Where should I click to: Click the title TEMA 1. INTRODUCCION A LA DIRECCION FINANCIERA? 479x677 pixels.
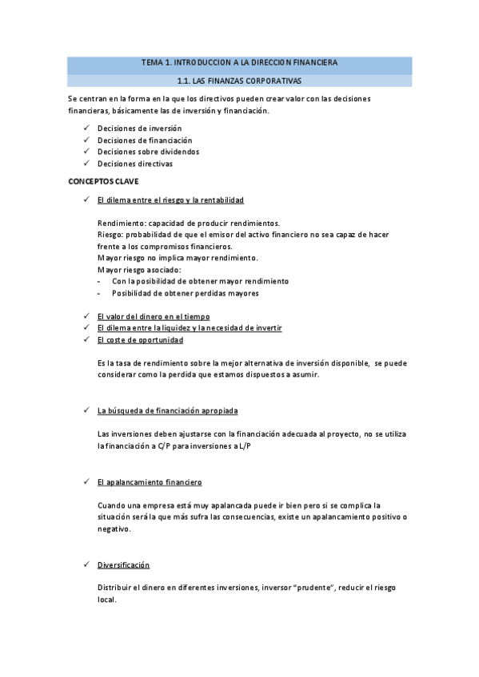pos(239,62)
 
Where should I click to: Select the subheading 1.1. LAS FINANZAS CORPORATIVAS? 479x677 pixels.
pos(239,81)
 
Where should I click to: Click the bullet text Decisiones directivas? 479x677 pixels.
pos(134,164)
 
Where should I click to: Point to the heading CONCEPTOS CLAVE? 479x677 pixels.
pos(103,182)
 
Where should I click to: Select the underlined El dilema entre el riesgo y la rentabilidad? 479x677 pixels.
pos(170,200)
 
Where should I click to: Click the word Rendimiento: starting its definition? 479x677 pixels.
pos(120,223)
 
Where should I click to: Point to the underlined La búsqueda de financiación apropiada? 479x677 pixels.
pos(166,410)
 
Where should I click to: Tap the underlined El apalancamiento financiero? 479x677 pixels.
pos(149,482)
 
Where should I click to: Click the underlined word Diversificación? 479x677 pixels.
pos(123,564)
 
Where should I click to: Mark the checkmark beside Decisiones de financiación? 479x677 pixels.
pos(86,140)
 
